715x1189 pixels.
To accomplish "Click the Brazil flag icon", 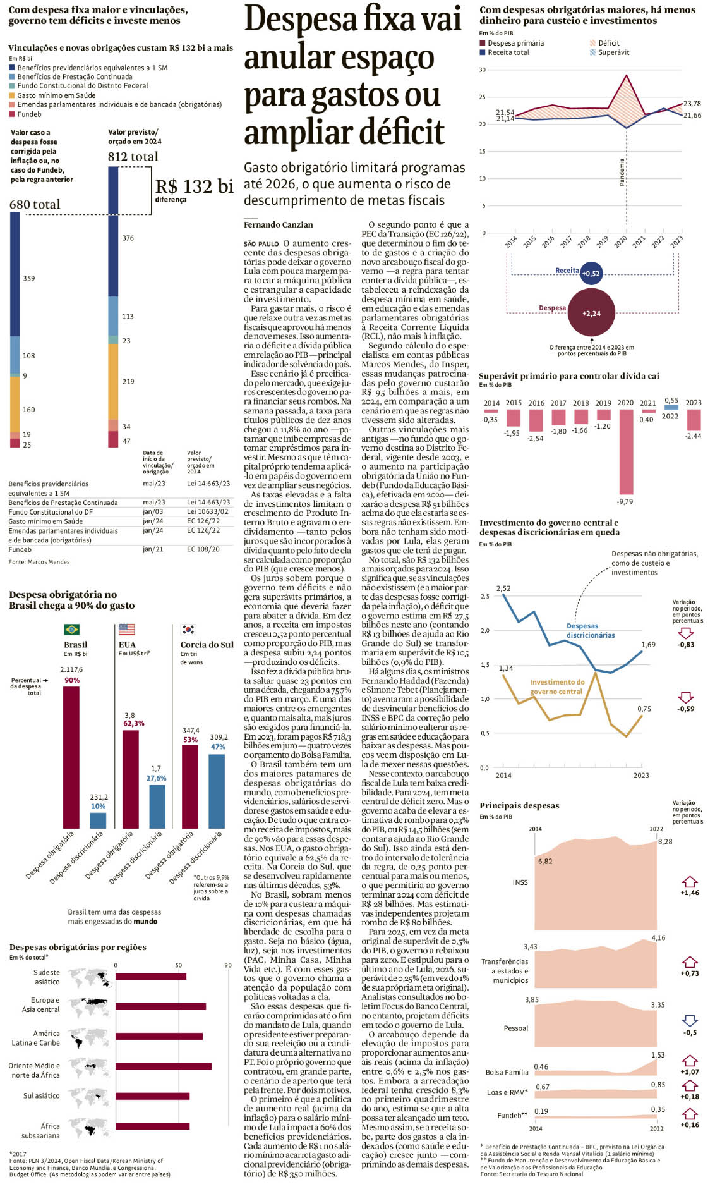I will [71, 629].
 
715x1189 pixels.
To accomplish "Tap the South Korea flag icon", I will [188, 629].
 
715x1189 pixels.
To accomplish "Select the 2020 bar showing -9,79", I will [625, 451].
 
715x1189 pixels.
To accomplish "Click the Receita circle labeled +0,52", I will [591, 273].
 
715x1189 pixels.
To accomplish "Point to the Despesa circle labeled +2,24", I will [591, 313].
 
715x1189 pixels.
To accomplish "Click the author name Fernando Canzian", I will [278, 224].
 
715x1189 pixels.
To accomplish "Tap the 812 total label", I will [133, 156].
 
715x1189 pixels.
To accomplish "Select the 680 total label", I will [35, 204].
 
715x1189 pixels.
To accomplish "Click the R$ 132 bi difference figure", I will [194, 186].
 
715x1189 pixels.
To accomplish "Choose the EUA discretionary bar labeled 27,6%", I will [157, 806].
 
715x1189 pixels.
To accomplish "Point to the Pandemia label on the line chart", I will [622, 172].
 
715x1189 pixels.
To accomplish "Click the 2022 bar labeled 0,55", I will [671, 407].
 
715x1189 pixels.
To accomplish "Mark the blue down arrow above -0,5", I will [690, 1021].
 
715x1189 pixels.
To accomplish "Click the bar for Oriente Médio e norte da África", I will [164, 1066].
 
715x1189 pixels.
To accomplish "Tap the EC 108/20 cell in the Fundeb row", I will [203, 549].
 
